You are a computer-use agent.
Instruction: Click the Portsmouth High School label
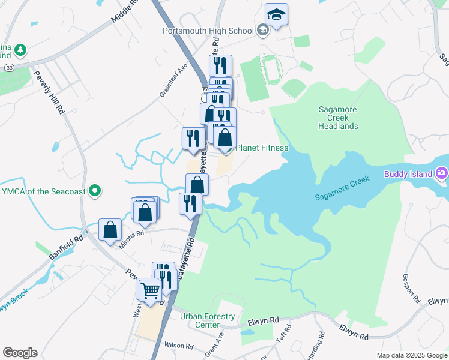[208, 31]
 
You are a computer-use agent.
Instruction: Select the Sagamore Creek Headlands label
[338, 118]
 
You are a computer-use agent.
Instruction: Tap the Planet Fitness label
[262, 148]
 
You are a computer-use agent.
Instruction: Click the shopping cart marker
[150, 291]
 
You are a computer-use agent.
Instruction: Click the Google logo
[20, 353]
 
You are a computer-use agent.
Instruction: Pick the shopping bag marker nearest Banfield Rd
[110, 230]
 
